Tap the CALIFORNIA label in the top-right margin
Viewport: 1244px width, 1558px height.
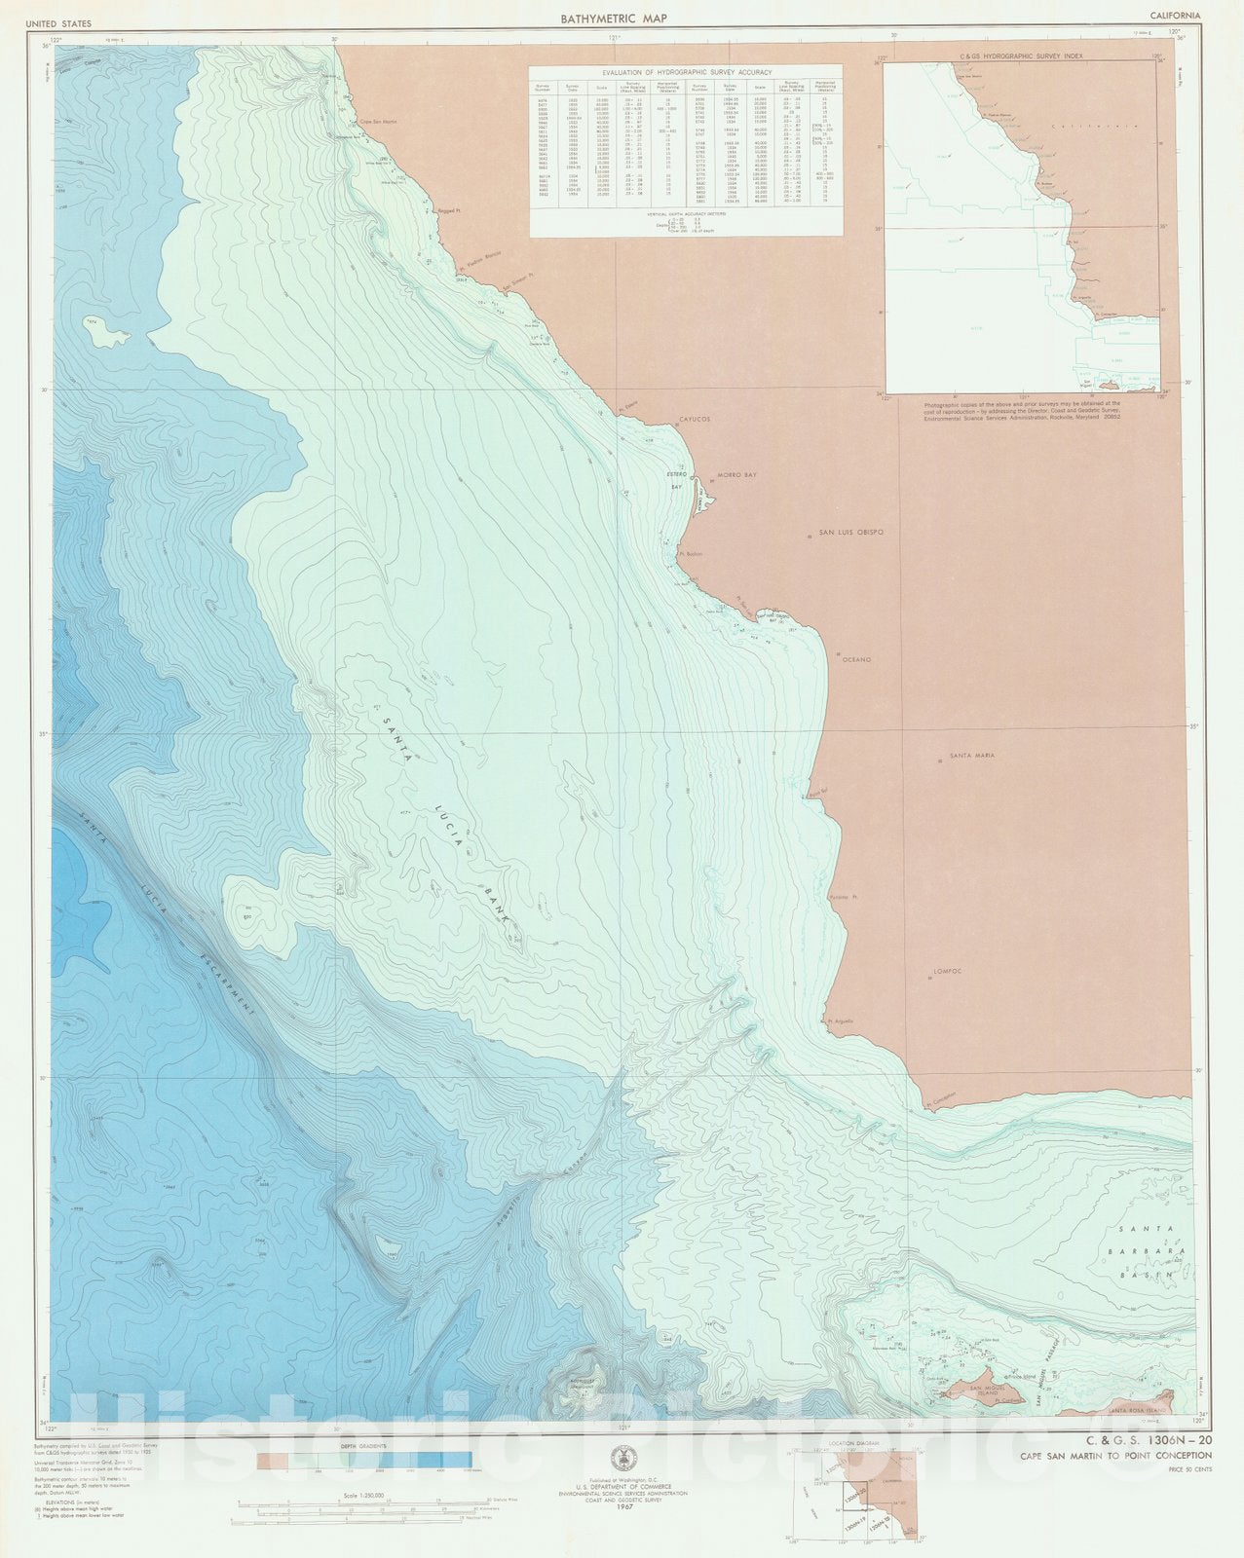coord(1175,16)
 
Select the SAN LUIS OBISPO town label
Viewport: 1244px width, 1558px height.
coord(849,533)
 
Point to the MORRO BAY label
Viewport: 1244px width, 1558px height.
coord(736,475)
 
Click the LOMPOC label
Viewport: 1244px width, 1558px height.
coord(948,971)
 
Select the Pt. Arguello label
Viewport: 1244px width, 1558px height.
coord(840,1021)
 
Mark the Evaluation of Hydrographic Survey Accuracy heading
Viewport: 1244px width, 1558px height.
coord(687,72)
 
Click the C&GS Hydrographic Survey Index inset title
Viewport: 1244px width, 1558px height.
coord(1021,57)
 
